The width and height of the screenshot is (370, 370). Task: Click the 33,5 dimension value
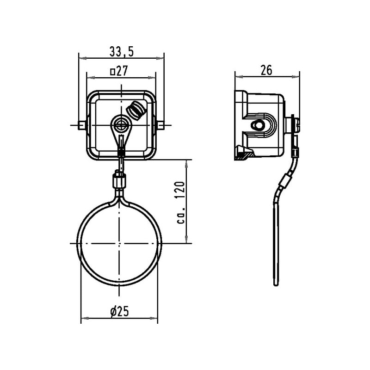click(122, 51)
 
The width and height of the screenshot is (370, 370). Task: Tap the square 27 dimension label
click(119, 71)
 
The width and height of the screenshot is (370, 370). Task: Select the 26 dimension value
click(266, 70)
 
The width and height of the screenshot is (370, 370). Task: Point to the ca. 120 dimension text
click(181, 203)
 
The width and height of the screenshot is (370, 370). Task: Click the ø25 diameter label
click(120, 311)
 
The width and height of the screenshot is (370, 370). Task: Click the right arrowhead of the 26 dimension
click(296, 76)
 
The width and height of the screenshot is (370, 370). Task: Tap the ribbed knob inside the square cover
click(136, 111)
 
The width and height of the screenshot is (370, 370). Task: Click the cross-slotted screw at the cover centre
click(121, 124)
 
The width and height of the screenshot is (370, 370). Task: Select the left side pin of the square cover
click(82, 125)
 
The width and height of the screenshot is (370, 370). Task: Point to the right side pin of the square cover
click(160, 125)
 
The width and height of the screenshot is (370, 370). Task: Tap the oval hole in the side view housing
click(259, 125)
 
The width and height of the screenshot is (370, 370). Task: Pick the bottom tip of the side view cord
click(276, 285)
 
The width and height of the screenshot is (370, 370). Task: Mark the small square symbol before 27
click(112, 72)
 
